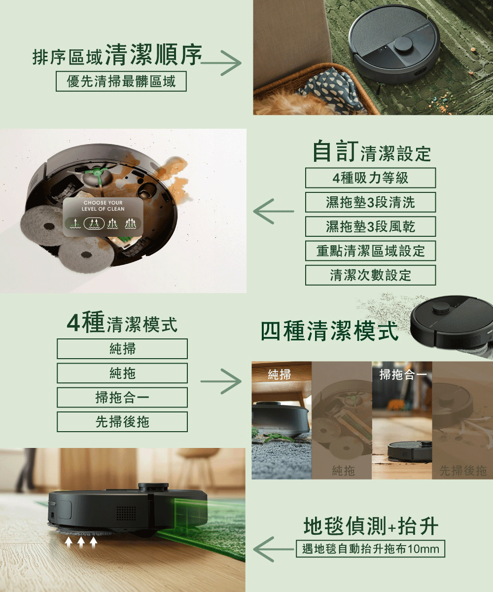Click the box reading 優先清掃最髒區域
click(121, 81)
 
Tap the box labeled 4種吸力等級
click(370, 178)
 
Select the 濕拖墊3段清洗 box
click(370, 202)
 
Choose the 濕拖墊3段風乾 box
click(370, 226)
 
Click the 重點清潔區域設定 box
click(370, 251)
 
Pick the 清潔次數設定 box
click(370, 275)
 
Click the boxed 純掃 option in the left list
click(122, 349)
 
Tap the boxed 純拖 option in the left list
click(122, 373)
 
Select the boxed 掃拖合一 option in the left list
click(122, 397)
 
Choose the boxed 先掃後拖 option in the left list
click(122, 422)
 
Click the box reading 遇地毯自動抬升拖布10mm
click(370, 549)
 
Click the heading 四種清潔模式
click(330, 331)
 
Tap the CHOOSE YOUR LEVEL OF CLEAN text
click(104, 206)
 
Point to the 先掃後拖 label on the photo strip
click(462, 471)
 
